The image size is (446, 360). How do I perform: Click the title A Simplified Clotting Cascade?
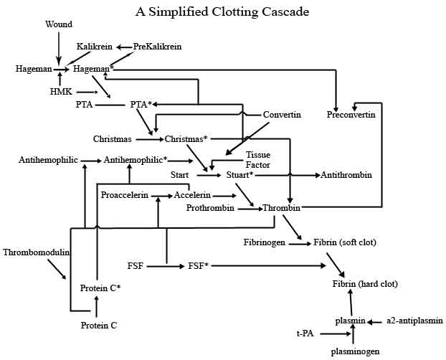tap(222, 11)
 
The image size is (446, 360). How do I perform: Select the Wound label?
tap(59, 24)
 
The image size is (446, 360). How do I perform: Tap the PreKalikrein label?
tap(157, 47)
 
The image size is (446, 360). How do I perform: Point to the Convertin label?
tap(281, 115)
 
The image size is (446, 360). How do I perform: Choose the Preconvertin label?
tap(353, 115)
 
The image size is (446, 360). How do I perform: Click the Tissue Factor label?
tap(257, 159)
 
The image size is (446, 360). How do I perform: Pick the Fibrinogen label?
tap(265, 243)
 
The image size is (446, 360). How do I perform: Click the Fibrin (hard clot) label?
tap(365, 285)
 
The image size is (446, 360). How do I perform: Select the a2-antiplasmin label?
tap(414, 321)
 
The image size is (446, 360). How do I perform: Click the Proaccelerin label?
tap(125, 195)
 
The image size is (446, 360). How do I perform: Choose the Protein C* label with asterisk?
tap(100, 288)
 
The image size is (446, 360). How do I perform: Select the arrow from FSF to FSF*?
tap(166, 266)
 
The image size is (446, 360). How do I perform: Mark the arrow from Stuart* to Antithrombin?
tap(287, 175)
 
